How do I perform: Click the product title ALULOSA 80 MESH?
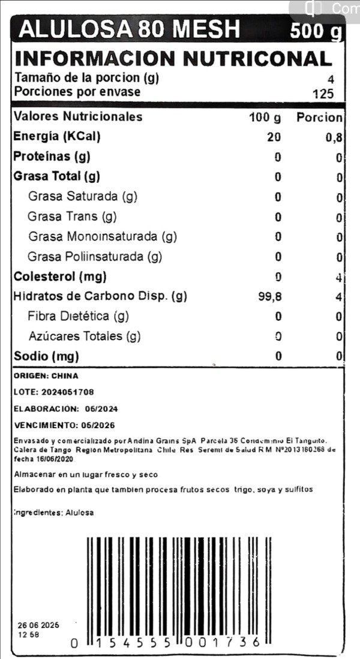pos(130,28)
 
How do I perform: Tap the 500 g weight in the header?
pos(316,30)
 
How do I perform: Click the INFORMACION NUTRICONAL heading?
pos(173,58)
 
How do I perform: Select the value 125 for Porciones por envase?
pos(323,94)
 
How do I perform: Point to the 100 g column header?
pos(265,118)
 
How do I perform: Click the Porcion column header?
pos(319,118)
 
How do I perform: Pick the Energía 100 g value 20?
pos(274,137)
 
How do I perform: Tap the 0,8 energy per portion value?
pos(334,137)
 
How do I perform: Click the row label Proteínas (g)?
pos(52,157)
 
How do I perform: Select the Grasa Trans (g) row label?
pos(72,216)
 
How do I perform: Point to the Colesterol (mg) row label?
pos(60,276)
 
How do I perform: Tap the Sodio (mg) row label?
pos(47,356)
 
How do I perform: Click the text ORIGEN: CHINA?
pos(46,376)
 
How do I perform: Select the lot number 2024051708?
pos(68,392)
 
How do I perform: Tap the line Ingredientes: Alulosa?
pos(54,513)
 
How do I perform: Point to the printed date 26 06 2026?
pos(38,625)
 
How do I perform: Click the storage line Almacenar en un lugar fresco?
pos(86,474)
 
